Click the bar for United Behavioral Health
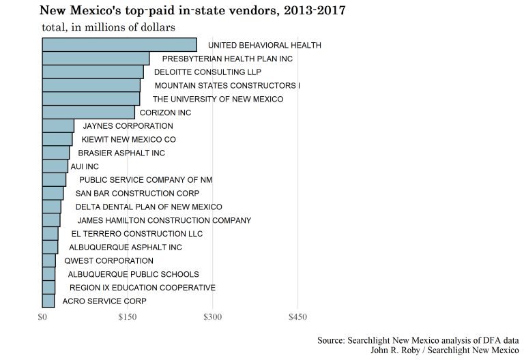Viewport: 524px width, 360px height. pos(119,45)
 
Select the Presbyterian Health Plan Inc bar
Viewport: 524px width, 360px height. pos(96,59)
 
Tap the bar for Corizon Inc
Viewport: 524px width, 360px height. pos(89,112)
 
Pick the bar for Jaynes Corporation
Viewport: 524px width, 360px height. pos(58,126)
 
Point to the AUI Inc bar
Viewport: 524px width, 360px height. pos(55,166)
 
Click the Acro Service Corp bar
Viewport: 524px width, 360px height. pos(48,301)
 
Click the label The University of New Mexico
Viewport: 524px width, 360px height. pos(218,100)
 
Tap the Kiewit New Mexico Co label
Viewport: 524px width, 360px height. pos(128,140)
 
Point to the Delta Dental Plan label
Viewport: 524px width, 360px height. pos(149,207)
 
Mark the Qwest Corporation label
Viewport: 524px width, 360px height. pos(108,260)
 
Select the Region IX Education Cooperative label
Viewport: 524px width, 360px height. pos(143,288)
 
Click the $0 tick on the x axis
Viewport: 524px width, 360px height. pos(42,317)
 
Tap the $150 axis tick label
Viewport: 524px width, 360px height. pos(128,317)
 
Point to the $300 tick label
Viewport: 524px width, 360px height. pos(213,317)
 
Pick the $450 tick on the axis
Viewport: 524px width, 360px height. pos(298,317)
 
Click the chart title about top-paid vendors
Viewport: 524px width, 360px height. pos(192,11)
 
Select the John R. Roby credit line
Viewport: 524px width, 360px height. pos(444,350)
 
